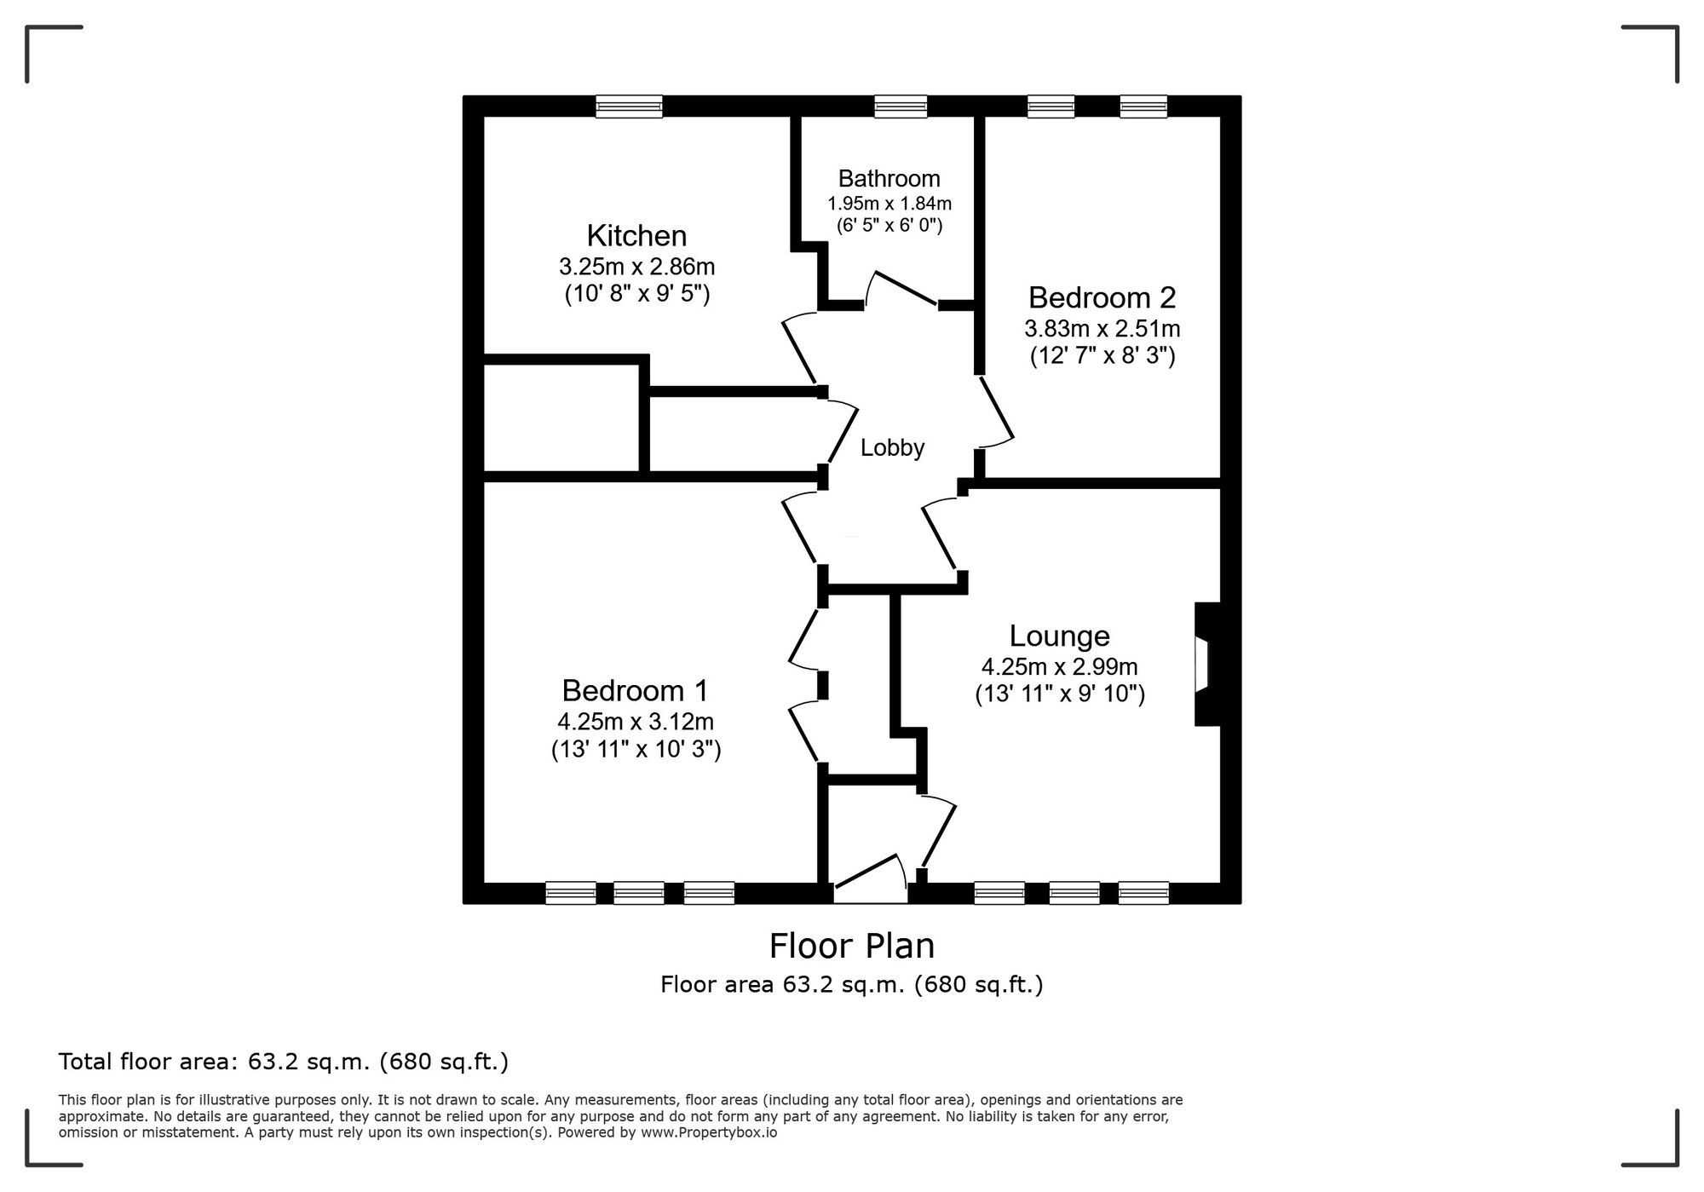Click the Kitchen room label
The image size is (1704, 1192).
point(636,235)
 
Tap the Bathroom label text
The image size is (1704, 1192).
point(889,178)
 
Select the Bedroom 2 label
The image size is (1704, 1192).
point(1102,297)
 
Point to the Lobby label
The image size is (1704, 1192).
point(892,447)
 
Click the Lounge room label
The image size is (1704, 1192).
point(1059,636)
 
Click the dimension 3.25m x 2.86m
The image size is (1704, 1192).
point(636,267)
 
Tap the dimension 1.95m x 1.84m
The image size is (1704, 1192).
point(889,204)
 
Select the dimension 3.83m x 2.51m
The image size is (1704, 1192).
point(1102,328)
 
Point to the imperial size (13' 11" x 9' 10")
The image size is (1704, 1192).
point(1060,694)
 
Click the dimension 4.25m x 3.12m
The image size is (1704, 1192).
point(636,722)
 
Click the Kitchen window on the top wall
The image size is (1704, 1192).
point(629,106)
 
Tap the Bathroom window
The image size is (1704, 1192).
point(901,106)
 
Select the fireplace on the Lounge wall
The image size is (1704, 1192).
point(1206,665)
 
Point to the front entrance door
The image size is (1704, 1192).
point(869,878)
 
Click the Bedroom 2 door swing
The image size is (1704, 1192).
point(996,412)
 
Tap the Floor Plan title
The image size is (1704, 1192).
point(852,946)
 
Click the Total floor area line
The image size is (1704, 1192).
point(284,1062)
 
